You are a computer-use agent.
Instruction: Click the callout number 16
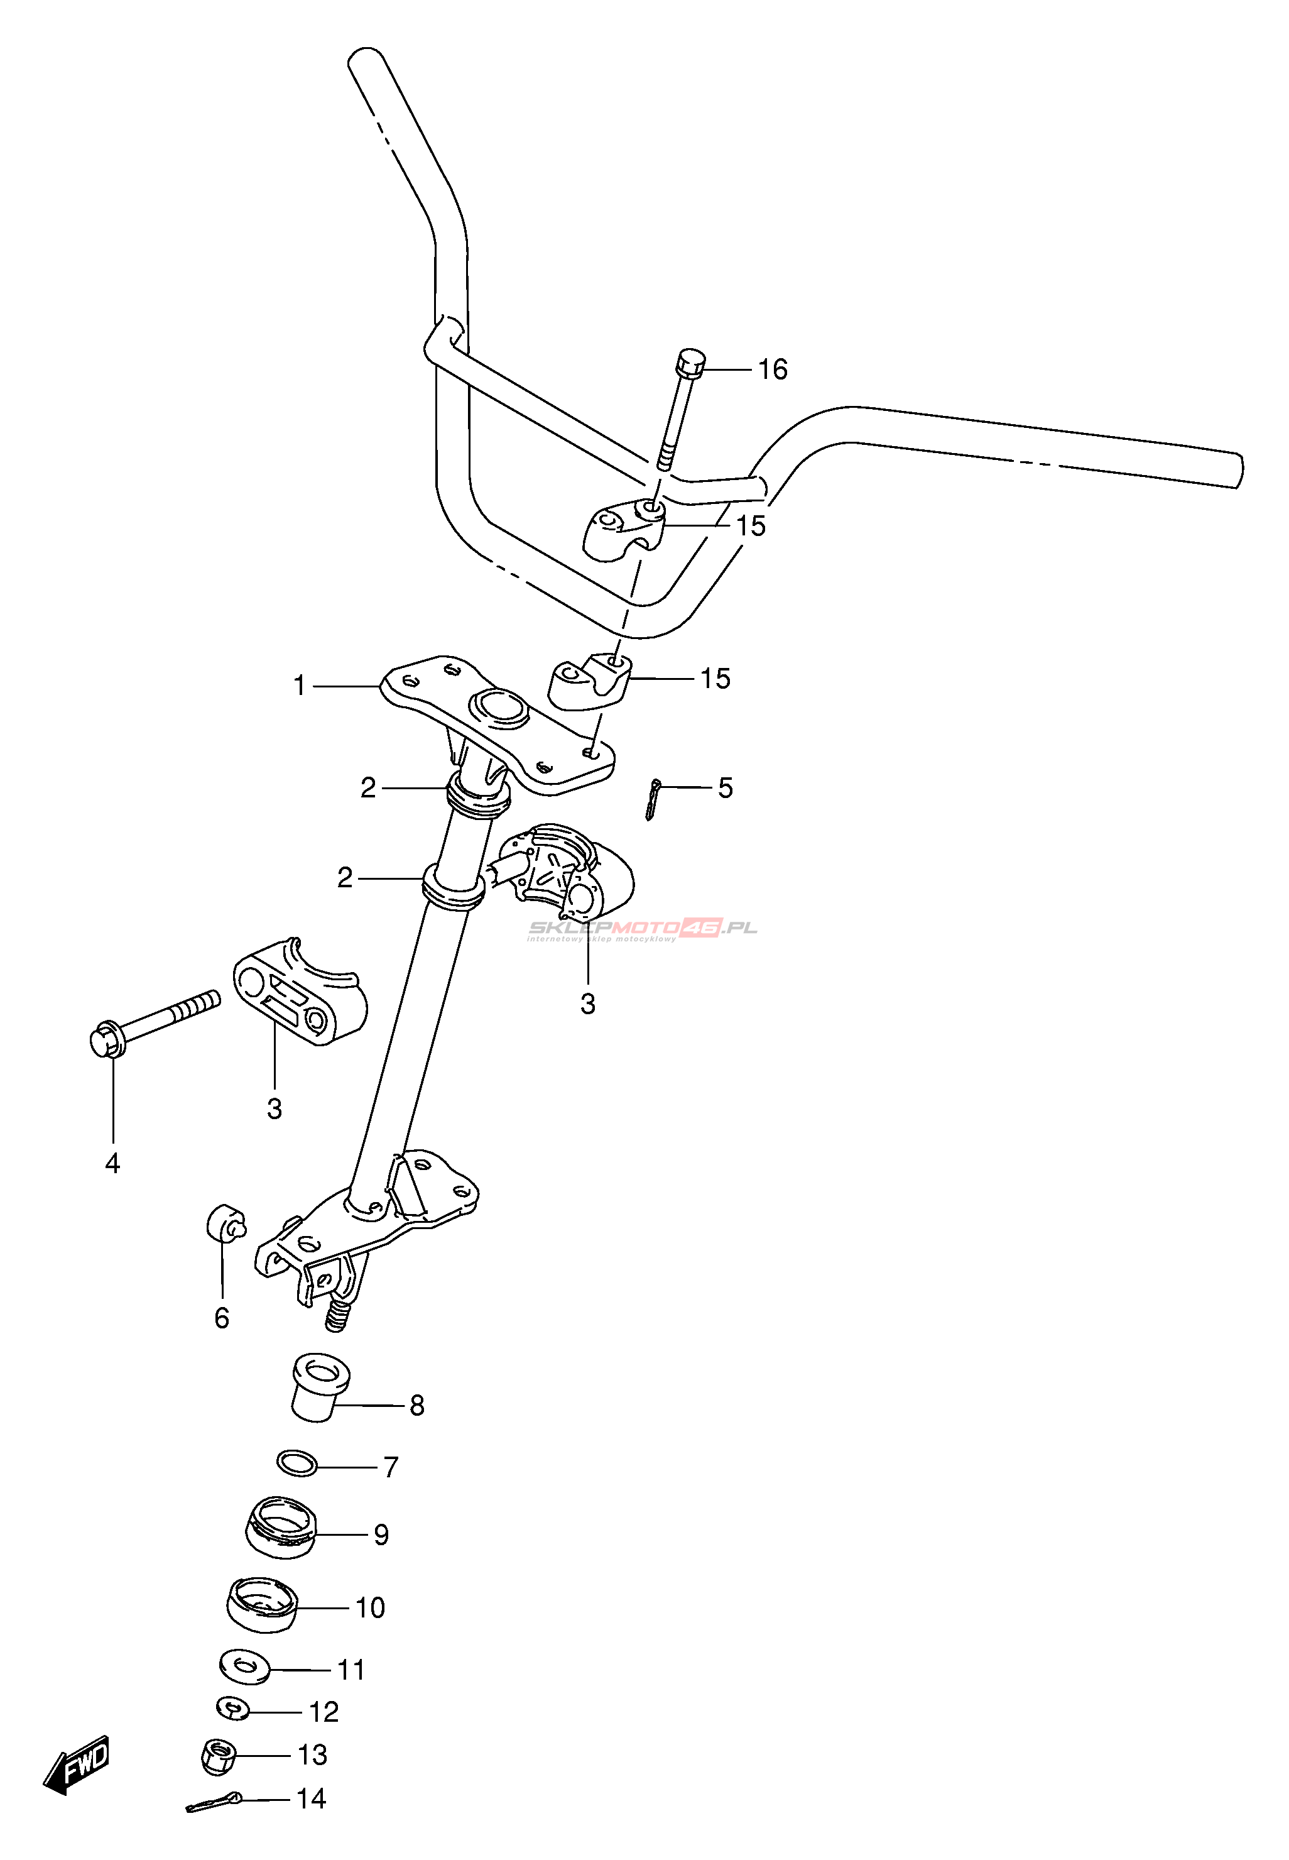pyautogui.click(x=772, y=369)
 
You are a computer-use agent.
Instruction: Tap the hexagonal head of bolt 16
pyautogui.click(x=689, y=364)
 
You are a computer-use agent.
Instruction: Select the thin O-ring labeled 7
pyautogui.click(x=296, y=1462)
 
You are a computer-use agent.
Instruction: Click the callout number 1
pyautogui.click(x=300, y=686)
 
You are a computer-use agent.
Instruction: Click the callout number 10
pyautogui.click(x=370, y=1607)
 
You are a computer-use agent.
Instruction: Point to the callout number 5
pyautogui.click(x=726, y=788)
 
